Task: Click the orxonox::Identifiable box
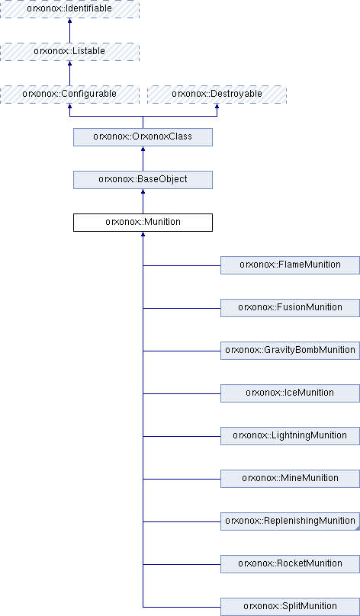coord(69,8)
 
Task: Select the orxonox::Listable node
coord(69,52)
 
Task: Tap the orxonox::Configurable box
coord(69,95)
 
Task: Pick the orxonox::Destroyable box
coord(217,95)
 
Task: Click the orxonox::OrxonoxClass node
coord(143,137)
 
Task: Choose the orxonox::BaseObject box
coord(143,180)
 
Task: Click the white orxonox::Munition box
coord(143,223)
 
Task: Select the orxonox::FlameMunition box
coord(290,265)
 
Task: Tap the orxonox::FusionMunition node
coord(290,308)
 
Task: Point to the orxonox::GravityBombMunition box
coord(290,351)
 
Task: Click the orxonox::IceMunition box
coord(290,393)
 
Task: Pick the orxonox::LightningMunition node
coord(290,436)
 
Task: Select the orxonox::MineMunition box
coord(290,479)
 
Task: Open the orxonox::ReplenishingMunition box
coord(290,521)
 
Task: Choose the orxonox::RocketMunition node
coord(290,564)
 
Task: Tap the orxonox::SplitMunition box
coord(290,607)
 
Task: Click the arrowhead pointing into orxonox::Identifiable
coord(69,21)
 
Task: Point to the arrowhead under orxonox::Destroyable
coord(217,106)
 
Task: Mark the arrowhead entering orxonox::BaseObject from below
coord(143,191)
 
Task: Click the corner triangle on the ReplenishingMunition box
coord(358,528)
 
